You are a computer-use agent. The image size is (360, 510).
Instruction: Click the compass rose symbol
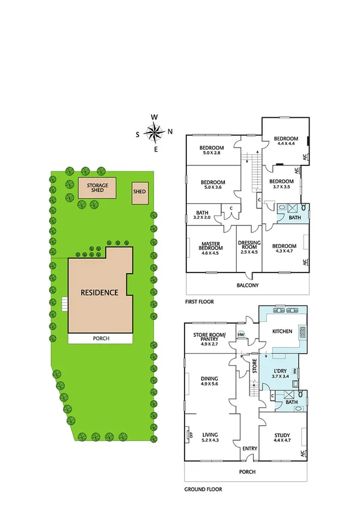155,131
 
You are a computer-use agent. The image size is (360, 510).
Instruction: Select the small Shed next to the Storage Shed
139,192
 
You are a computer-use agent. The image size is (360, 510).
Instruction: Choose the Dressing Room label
248,248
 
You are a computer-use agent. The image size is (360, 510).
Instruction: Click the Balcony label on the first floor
248,285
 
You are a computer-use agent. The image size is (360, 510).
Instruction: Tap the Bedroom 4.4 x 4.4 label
285,141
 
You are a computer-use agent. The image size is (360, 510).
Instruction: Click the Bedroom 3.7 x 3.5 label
281,185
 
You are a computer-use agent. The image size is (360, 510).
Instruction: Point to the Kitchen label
282,331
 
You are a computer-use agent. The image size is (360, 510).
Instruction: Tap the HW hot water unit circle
241,335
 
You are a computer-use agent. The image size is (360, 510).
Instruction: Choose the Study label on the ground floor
281,437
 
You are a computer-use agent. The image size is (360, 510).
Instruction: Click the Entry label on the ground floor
249,449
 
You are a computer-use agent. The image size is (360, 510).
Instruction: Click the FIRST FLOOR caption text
200,301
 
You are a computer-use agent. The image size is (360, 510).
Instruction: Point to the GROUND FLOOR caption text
203,490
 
